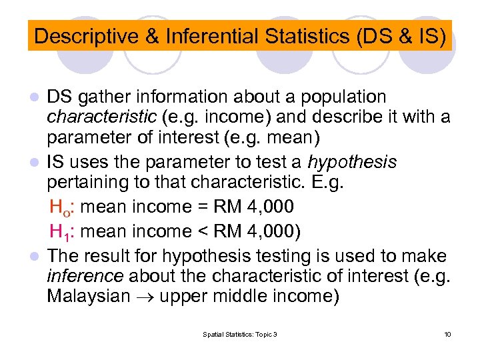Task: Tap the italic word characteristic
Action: tap(103, 118)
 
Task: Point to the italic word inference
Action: tap(85, 276)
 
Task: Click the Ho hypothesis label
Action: tap(61, 208)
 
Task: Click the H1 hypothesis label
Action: tap(61, 232)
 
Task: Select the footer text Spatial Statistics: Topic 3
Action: tap(240, 334)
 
